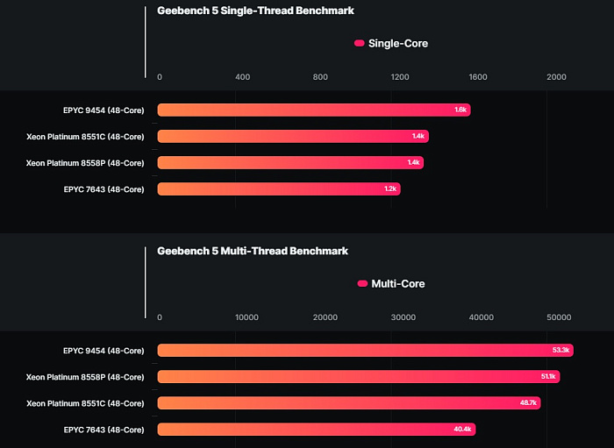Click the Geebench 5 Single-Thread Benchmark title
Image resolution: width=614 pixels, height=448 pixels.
coord(255,11)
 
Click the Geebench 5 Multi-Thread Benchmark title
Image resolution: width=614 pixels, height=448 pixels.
coord(253,251)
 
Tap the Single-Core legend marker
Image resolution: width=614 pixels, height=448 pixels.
coord(359,43)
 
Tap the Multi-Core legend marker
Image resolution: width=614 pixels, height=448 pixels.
coord(362,283)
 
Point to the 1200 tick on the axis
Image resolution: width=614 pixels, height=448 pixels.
coord(400,77)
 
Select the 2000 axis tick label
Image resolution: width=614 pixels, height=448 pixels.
coord(556,77)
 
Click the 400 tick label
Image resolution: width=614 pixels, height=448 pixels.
coord(243,77)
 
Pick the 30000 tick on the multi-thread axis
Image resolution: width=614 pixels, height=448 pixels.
coord(403,317)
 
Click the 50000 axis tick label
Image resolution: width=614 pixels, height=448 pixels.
coord(559,317)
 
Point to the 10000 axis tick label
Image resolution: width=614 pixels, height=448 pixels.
coord(247,317)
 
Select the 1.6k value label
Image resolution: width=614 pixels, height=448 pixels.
coord(460,110)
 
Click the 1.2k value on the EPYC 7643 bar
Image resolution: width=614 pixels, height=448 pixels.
coord(390,188)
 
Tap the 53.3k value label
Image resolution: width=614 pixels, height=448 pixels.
coord(561,351)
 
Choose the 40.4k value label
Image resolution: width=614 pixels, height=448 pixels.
coord(463,430)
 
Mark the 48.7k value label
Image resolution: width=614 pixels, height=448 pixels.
coord(529,403)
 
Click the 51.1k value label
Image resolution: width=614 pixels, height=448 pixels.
coord(548,377)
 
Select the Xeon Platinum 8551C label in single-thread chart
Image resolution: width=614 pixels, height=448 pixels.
coord(85,136)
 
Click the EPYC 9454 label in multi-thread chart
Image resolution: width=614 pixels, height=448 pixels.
coord(104,351)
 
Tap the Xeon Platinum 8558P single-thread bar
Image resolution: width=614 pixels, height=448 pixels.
coord(289,162)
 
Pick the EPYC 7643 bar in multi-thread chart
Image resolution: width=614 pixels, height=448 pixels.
coord(316,430)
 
